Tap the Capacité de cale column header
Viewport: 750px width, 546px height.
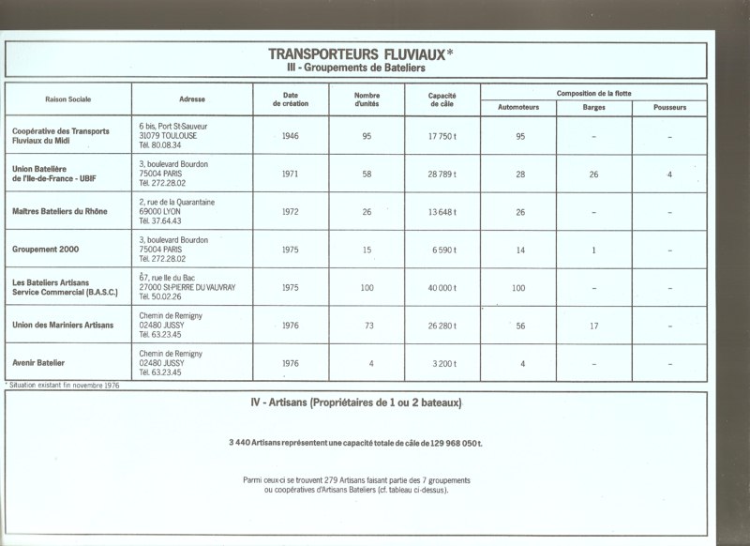[x=442, y=99]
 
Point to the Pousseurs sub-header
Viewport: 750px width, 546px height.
[x=669, y=108]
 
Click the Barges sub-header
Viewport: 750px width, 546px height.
[x=593, y=108]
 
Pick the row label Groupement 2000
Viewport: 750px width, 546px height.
[x=45, y=250]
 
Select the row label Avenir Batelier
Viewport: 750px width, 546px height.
[x=38, y=362]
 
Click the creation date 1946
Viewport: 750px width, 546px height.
[x=291, y=136]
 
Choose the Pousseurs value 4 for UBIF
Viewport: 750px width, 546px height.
[x=669, y=174]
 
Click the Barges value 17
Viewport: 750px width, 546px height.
[x=593, y=325]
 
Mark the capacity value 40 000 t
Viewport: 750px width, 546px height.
[x=442, y=287]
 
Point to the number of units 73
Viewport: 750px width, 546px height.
[x=367, y=325]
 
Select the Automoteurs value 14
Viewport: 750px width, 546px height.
[x=518, y=250]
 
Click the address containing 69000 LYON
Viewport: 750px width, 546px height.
[x=173, y=212]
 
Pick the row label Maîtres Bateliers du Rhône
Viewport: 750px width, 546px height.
[x=58, y=212]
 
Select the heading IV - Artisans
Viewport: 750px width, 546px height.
[x=356, y=402]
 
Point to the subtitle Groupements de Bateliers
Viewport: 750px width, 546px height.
[x=356, y=69]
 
